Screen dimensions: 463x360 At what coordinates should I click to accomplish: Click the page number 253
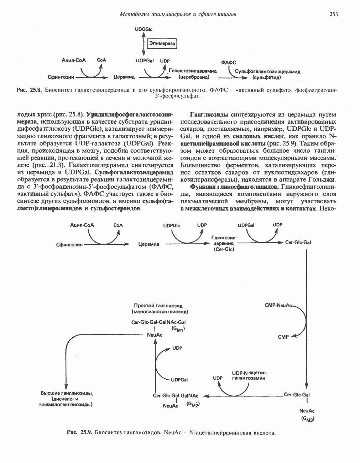pos(333,14)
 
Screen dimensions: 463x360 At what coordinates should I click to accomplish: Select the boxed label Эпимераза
pos(162,43)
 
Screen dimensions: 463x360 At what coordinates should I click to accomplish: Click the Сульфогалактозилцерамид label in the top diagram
pos(267,72)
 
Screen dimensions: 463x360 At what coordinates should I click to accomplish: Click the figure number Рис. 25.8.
pos(30,90)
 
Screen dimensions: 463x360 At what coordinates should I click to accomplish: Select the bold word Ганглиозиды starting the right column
pos(209,115)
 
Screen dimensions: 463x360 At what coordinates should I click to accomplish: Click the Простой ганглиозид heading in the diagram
pos(158,306)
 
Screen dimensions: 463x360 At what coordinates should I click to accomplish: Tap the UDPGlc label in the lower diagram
pos(171,225)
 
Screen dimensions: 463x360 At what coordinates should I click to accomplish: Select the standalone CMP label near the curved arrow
pos(283,337)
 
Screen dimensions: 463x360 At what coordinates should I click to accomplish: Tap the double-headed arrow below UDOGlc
pos(144,45)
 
